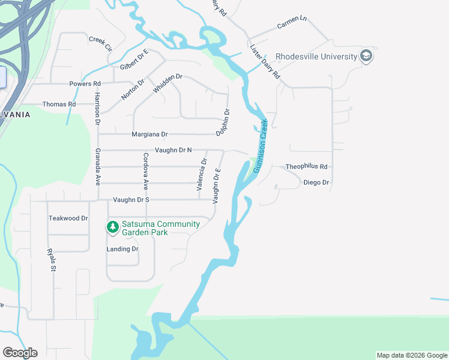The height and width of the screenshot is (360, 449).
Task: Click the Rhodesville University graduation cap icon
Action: point(366,57)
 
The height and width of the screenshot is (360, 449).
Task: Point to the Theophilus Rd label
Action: point(307,167)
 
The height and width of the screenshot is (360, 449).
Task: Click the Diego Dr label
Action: point(316,182)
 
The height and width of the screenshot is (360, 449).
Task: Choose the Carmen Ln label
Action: point(292,26)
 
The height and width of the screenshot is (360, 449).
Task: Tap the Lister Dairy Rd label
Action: point(265,62)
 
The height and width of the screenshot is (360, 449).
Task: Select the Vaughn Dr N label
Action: point(173,150)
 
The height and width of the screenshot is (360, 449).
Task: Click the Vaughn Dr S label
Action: point(131,200)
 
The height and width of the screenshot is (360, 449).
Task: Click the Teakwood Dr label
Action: point(68,218)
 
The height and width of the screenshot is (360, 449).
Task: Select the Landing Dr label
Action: point(122,249)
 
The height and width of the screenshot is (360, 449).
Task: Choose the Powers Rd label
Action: point(85,84)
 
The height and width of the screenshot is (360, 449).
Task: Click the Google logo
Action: point(20,353)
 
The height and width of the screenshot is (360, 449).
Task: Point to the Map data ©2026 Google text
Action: point(411,355)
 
